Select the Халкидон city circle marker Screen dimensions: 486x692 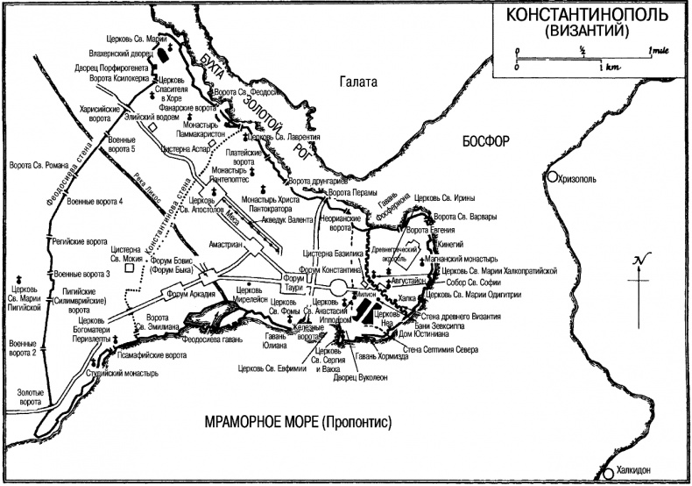pyautogui.click(x=608, y=474)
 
